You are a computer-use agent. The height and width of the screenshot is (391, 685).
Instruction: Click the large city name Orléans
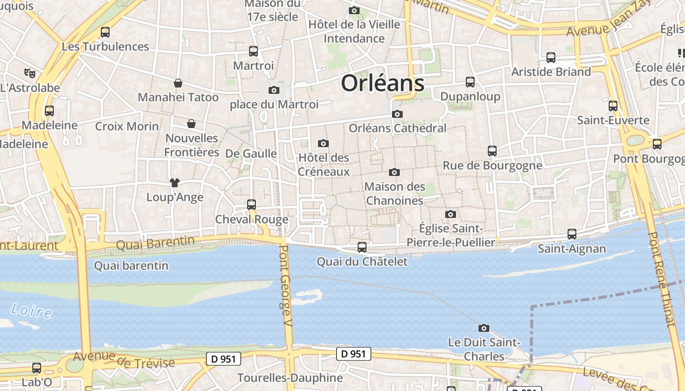pos(383,83)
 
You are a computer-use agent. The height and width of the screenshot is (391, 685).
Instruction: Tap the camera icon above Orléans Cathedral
pos(397,114)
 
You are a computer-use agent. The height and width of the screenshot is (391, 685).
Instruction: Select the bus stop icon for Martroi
pos(253,51)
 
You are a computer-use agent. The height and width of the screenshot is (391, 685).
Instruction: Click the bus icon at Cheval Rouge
pos(251,205)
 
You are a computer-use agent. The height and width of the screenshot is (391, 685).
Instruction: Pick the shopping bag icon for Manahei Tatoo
pos(178,83)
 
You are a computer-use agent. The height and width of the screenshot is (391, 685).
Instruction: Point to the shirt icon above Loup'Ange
pos(175,183)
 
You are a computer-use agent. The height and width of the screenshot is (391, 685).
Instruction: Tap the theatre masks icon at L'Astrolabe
pos(30,73)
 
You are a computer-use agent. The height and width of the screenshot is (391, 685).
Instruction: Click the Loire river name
pos(31,310)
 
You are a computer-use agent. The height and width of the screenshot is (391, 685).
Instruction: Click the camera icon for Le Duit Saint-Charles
pos(484,328)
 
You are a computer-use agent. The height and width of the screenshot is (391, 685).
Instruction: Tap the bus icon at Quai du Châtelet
pos(362,247)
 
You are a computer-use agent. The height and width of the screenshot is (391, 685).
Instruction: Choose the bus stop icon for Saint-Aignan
pos(572,234)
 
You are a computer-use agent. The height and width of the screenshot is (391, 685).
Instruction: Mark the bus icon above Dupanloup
pos(470,82)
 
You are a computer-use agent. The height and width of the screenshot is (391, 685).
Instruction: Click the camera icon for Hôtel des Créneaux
pos(323,144)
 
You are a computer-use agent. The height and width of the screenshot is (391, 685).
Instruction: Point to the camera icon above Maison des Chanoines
pos(394,173)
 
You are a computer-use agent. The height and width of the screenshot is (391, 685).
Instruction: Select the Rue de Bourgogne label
pos(492,166)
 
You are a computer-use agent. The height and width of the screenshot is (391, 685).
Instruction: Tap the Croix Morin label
pos(127,126)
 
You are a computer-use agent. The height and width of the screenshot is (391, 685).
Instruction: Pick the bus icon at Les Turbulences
pos(105,33)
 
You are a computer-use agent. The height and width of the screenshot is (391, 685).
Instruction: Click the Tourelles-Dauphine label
pos(290,378)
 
